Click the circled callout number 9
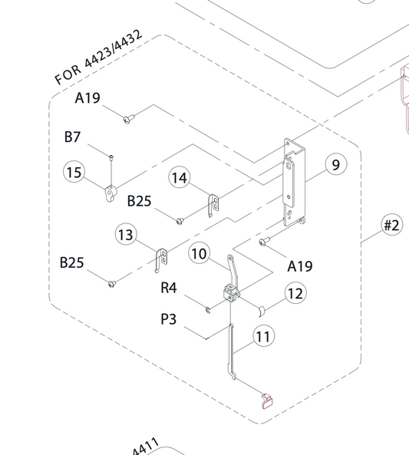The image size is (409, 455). (x=336, y=164)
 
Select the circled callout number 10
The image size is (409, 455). (x=200, y=254)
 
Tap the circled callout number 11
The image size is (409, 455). (x=263, y=337)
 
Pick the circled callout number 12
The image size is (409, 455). (x=295, y=293)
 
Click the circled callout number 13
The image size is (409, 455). (x=127, y=235)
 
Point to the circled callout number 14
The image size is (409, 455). (x=180, y=177)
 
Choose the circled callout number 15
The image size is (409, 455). (x=74, y=172)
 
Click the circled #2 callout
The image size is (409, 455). (x=392, y=225)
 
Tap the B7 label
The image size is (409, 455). (x=72, y=137)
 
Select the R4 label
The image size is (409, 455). (x=169, y=288)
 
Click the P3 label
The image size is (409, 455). (x=169, y=319)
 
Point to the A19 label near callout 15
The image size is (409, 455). (x=87, y=97)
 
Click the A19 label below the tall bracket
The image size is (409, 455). (x=300, y=266)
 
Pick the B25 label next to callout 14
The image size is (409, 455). (x=140, y=201)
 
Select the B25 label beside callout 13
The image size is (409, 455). (x=71, y=262)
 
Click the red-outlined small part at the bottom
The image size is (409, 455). (x=267, y=401)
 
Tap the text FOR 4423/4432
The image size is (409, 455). (x=98, y=58)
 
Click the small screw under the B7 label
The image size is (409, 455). (x=111, y=157)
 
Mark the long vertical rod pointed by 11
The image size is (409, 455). (x=231, y=351)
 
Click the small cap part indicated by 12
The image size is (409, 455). (x=262, y=311)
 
